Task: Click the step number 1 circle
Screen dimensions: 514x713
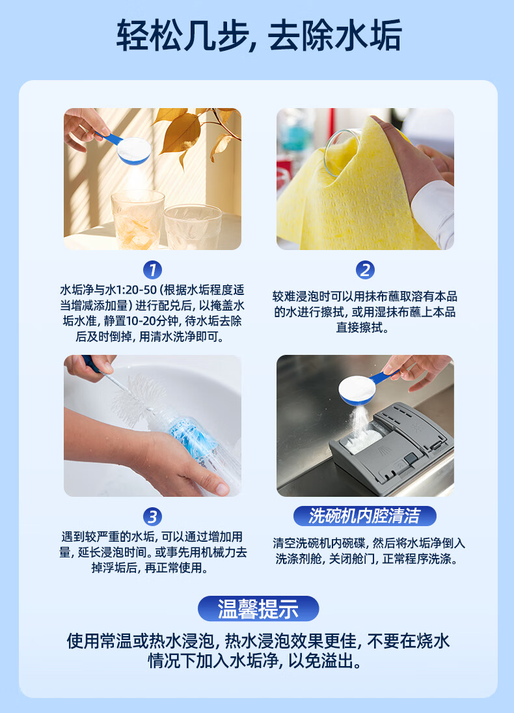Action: click(x=152, y=270)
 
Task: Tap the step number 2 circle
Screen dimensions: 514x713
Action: click(x=365, y=270)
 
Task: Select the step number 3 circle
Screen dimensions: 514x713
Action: click(x=152, y=516)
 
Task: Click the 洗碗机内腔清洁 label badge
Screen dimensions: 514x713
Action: click(x=365, y=516)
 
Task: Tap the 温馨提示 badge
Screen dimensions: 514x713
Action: click(x=258, y=608)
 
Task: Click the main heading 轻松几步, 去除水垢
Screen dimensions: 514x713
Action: click(x=259, y=35)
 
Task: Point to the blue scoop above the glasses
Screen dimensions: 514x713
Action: click(x=128, y=147)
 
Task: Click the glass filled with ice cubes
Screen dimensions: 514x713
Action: click(x=137, y=219)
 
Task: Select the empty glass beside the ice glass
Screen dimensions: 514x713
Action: click(x=193, y=227)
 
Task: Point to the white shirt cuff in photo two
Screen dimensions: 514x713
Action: click(x=434, y=213)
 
